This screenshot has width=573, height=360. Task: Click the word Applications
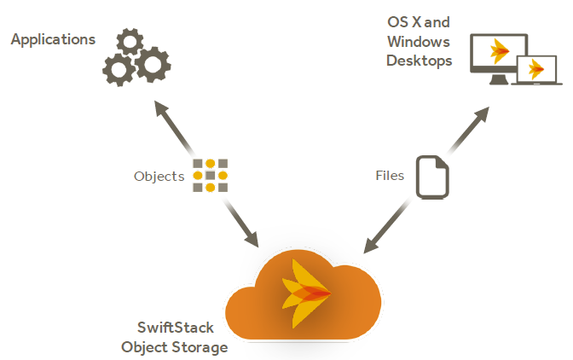point(53,40)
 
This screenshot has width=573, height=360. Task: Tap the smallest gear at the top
point(130,41)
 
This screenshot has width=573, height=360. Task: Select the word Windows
point(419,42)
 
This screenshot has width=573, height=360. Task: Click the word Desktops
point(420,61)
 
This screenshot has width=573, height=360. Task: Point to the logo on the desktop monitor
point(499,51)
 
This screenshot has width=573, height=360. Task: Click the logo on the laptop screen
point(536,69)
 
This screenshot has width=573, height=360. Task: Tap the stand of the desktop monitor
point(499,79)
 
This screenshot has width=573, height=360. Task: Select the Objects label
point(159,177)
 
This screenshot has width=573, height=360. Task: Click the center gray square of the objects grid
point(210,176)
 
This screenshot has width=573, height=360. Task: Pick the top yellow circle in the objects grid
point(210,164)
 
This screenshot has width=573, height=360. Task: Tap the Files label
point(390,176)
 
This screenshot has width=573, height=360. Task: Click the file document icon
point(432,177)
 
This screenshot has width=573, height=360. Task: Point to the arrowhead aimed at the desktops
point(482,113)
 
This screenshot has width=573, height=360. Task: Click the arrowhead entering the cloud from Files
point(371,245)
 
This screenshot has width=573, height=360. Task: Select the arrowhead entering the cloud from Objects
point(252,239)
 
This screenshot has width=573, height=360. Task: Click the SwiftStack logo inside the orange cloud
point(306,293)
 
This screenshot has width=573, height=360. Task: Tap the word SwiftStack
point(176,328)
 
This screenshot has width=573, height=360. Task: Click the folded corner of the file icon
point(442,163)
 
